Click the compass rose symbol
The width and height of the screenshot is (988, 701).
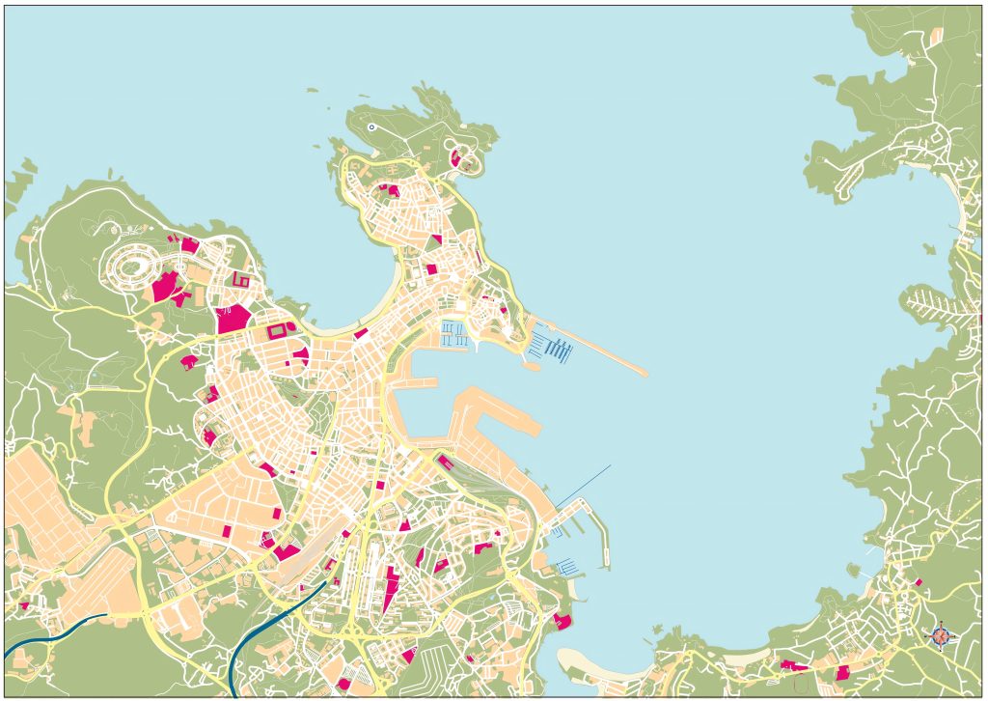pos(943,635)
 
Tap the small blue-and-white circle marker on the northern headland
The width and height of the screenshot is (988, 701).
pos(371,126)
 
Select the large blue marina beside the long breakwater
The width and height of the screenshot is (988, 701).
pos(553,346)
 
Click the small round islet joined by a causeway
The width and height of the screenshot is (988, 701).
pos(530,365)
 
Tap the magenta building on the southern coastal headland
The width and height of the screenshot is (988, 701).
pos(562,621)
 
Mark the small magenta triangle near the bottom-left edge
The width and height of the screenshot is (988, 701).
pos(23,606)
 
